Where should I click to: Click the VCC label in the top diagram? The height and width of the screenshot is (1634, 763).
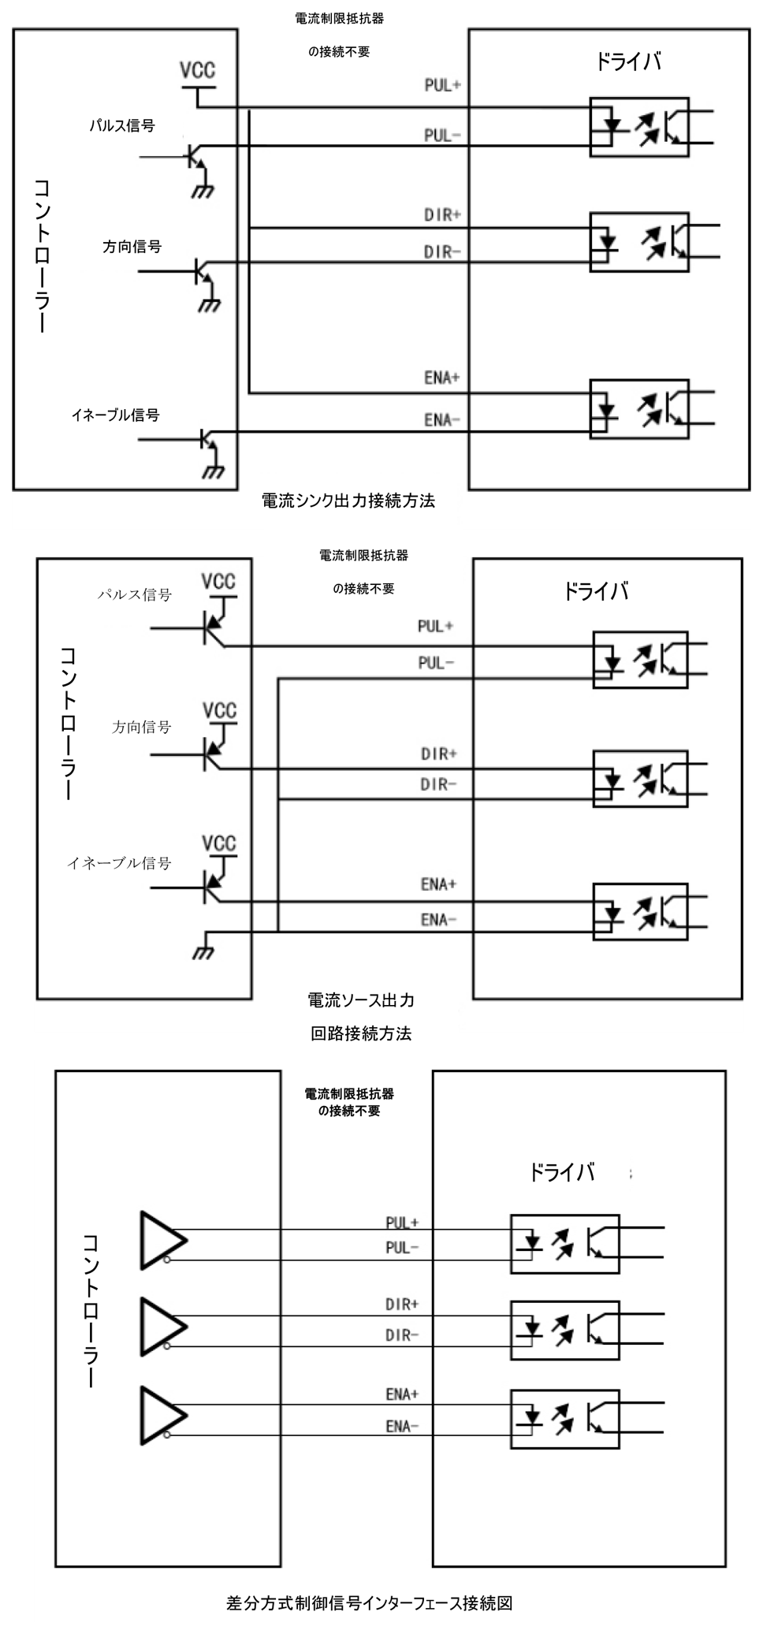197,71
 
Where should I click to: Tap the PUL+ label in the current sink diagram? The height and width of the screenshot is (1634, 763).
442,85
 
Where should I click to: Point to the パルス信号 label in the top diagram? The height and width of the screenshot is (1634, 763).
121,125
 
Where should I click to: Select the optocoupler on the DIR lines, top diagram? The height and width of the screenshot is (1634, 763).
639,242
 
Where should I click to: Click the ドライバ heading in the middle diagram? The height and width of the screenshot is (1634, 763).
595,591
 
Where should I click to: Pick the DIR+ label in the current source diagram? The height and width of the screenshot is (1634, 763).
439,754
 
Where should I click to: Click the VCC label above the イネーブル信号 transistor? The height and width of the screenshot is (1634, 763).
218,844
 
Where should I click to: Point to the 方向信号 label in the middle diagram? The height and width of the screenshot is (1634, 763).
142,727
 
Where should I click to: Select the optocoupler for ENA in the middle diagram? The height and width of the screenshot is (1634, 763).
640,910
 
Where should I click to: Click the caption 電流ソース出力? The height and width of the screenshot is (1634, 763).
361,1000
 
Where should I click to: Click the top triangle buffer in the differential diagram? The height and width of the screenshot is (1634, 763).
162,1240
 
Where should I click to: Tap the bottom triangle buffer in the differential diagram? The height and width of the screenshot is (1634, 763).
162,1416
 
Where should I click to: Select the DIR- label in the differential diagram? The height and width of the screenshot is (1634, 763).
402,1335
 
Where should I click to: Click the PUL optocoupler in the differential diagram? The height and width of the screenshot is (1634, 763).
564,1244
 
